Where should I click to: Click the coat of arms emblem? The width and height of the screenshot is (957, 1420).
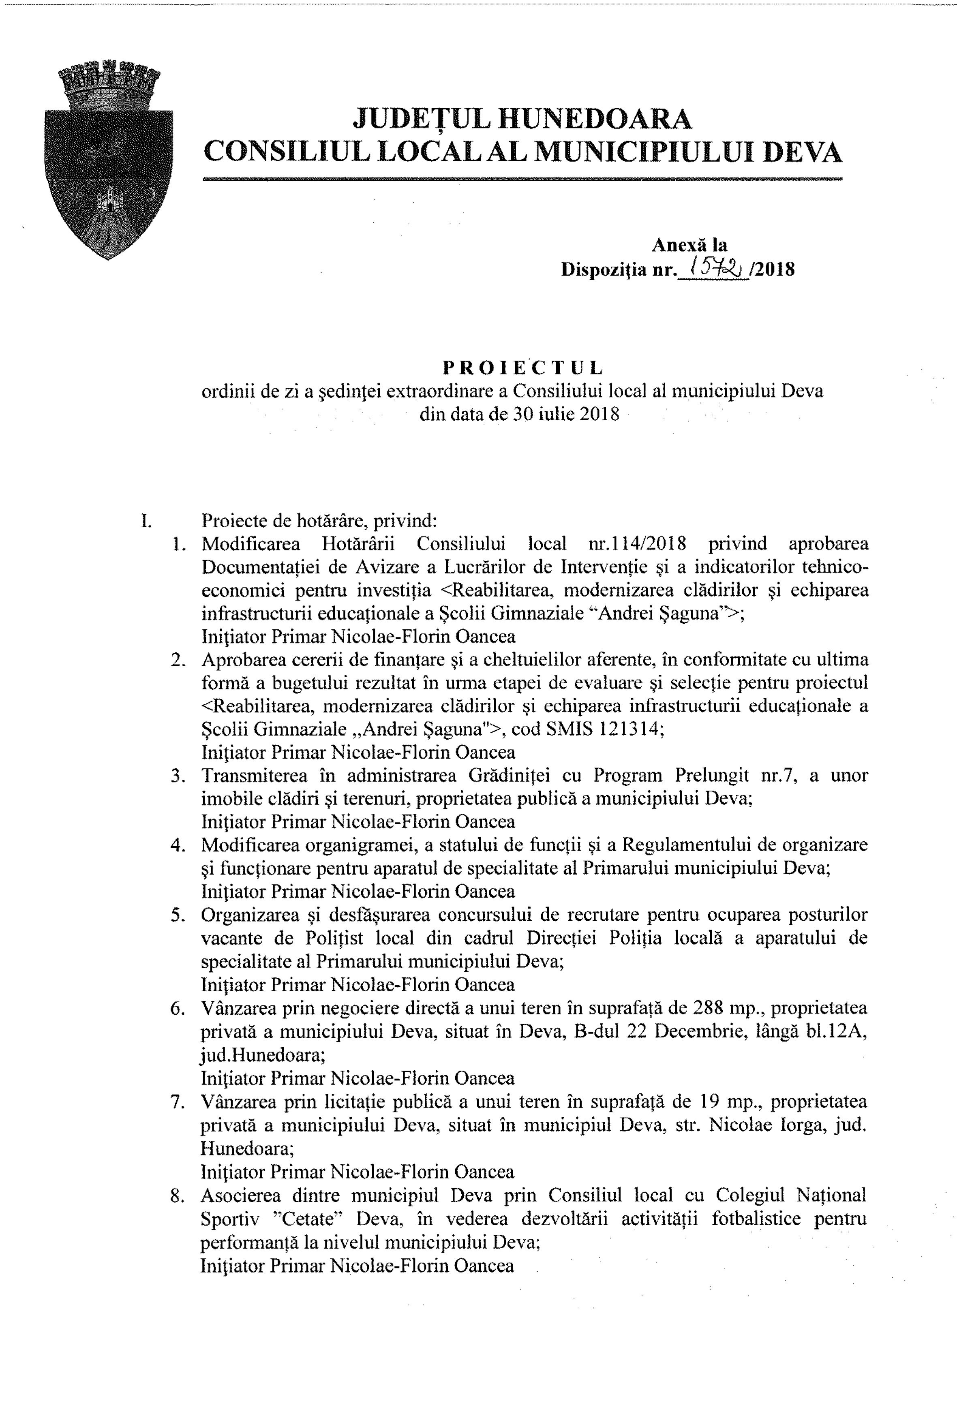[109, 160]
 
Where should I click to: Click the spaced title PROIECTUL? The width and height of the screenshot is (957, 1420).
[523, 367]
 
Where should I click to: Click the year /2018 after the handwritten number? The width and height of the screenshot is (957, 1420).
[773, 269]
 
